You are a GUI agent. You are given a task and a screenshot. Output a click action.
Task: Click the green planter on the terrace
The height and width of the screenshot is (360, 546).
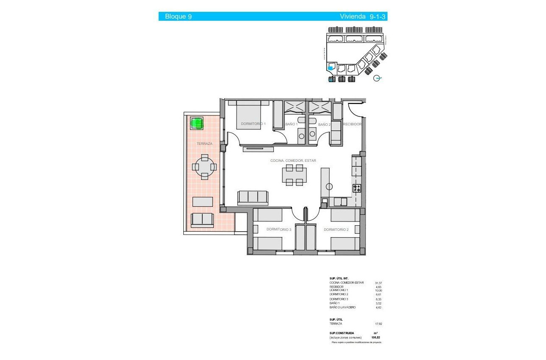click(x=196, y=123)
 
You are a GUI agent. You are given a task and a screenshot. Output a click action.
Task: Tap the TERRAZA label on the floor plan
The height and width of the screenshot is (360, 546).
click(x=204, y=144)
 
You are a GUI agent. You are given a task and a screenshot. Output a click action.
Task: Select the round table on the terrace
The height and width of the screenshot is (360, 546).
click(x=205, y=166)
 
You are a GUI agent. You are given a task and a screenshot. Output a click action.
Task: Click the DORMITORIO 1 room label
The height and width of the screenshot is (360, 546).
click(x=253, y=124)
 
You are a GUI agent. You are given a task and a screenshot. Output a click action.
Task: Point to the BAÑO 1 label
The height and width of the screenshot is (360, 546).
click(x=291, y=125)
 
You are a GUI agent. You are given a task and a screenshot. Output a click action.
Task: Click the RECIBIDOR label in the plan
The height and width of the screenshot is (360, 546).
click(x=352, y=125)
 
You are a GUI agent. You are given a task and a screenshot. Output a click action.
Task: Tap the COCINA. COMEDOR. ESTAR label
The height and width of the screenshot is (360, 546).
click(x=293, y=161)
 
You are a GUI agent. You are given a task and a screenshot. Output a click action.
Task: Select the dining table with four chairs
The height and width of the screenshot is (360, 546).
click(x=295, y=175)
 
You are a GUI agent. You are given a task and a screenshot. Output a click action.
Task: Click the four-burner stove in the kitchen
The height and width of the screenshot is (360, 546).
click(x=357, y=188)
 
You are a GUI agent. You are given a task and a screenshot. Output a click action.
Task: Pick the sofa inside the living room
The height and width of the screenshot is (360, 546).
click(x=253, y=197)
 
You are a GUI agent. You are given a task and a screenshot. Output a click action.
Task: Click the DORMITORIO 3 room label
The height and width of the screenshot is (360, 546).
click(x=279, y=230)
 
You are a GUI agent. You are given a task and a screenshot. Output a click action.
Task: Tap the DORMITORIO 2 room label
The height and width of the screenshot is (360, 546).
click(x=336, y=230)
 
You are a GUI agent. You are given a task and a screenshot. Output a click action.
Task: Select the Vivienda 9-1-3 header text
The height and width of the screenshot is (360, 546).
click(x=363, y=17)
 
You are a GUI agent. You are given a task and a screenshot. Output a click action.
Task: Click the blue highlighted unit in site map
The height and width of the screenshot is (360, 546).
click(x=331, y=66)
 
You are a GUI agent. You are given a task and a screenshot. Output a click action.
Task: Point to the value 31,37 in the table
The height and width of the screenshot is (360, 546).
click(x=378, y=283)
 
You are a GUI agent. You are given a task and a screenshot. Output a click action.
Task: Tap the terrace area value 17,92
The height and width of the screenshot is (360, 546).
click(x=378, y=324)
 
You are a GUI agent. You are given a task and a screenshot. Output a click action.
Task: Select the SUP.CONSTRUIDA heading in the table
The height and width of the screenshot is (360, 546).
click(x=342, y=333)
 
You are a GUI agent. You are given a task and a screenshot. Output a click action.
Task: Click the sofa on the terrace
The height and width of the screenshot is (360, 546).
click(x=202, y=219)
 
